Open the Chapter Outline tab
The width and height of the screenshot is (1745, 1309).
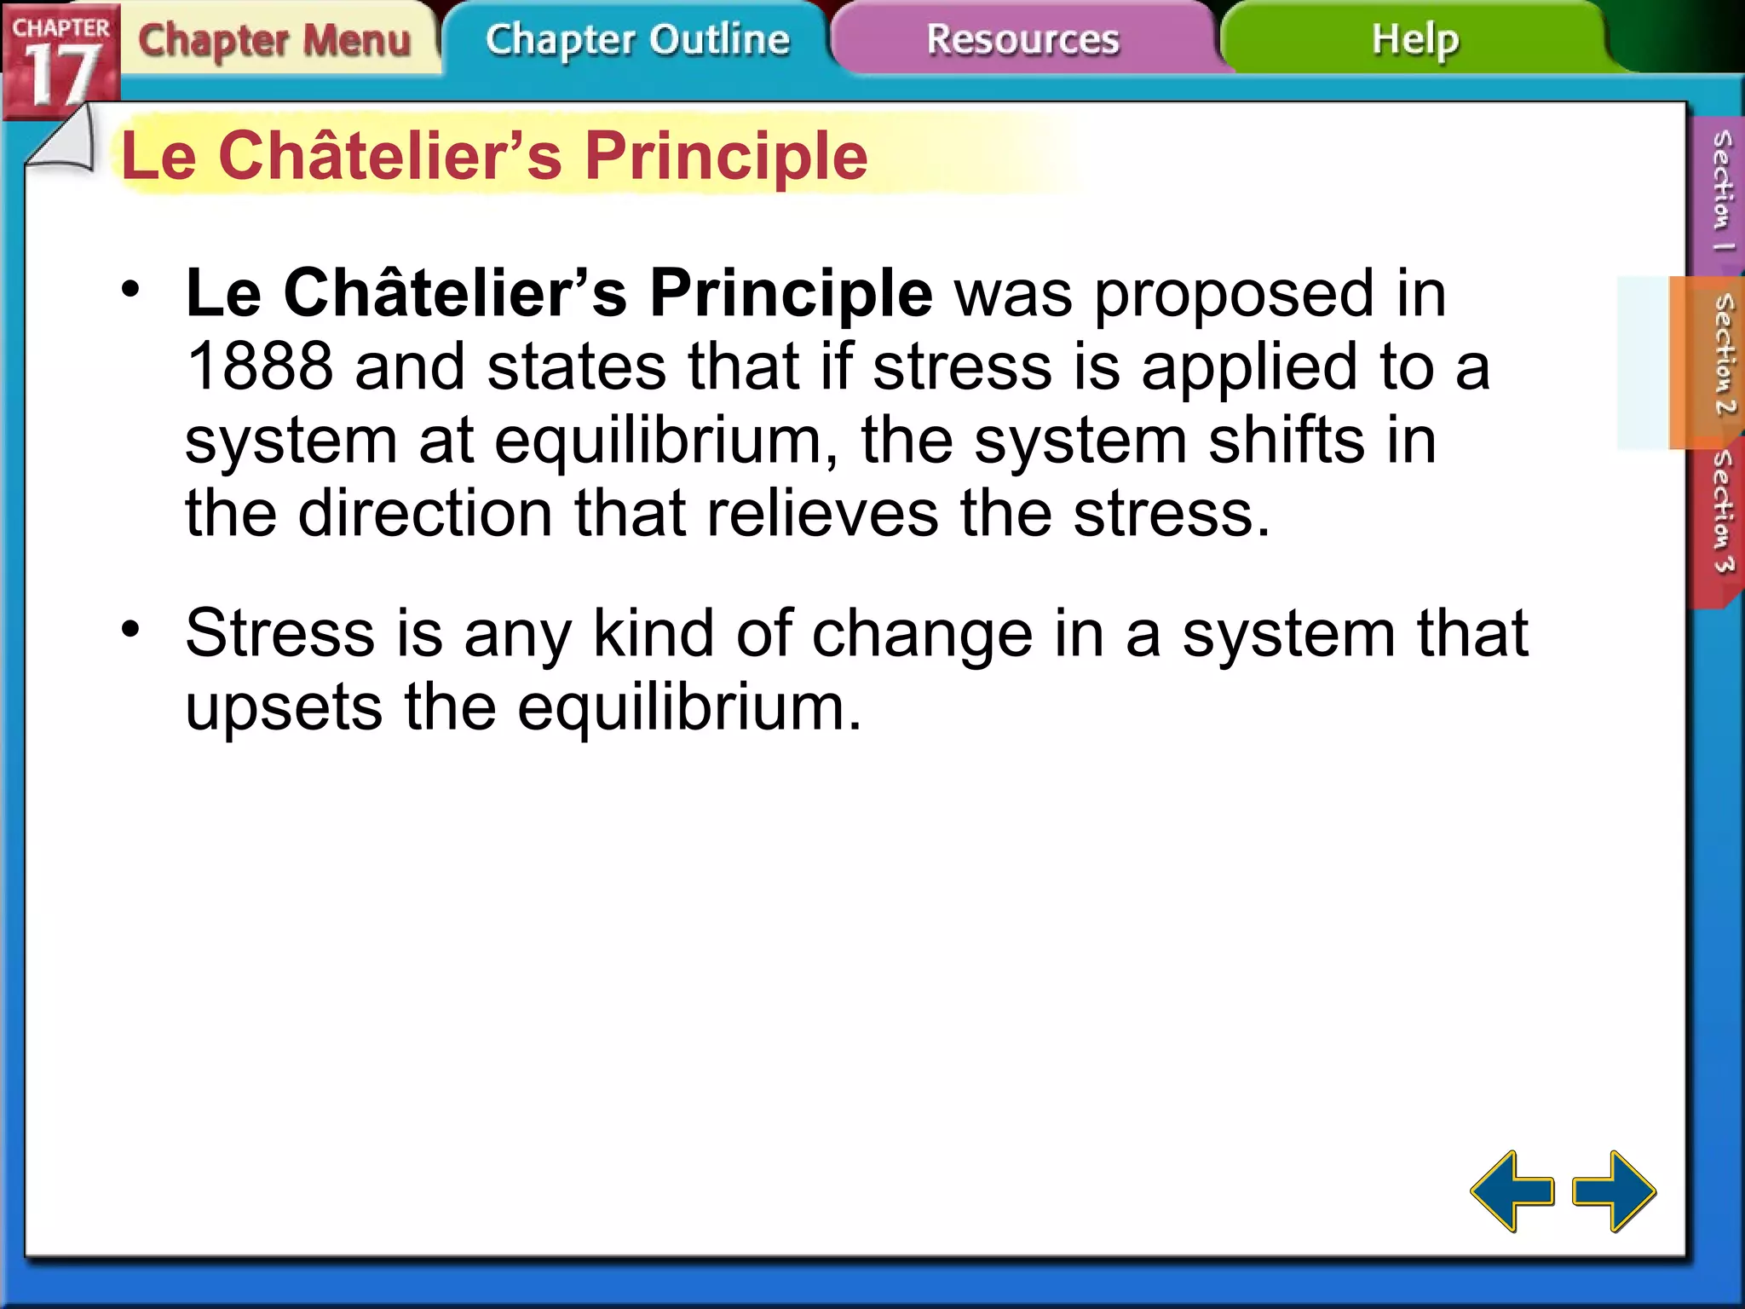pyautogui.click(x=637, y=40)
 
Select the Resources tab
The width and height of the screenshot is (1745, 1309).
pyautogui.click(x=1022, y=40)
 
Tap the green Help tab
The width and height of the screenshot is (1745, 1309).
pyautogui.click(x=1414, y=40)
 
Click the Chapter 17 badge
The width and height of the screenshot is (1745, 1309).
pyautogui.click(x=60, y=61)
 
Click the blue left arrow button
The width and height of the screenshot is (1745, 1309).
pyautogui.click(x=1512, y=1191)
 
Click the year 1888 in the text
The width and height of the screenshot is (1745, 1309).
pyautogui.click(x=259, y=367)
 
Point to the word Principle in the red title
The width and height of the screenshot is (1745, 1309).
pyautogui.click(x=726, y=157)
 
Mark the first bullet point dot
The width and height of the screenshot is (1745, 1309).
pyautogui.click(x=130, y=289)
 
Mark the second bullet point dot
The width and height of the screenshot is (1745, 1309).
pyautogui.click(x=130, y=630)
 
